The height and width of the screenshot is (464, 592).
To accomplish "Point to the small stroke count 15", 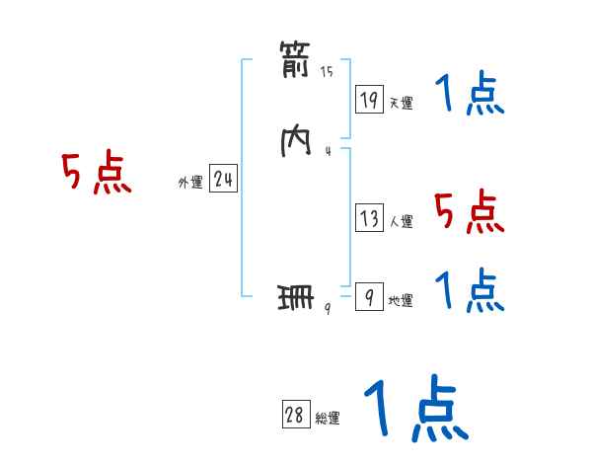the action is (x=327, y=72).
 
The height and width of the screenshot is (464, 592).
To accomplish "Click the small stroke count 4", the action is (x=327, y=151).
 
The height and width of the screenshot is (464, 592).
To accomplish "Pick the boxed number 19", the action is (x=369, y=99).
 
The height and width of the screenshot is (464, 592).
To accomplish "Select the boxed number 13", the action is (x=369, y=218).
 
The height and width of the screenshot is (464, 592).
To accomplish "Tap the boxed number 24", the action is (x=223, y=179).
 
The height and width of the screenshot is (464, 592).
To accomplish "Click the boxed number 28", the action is (x=295, y=416).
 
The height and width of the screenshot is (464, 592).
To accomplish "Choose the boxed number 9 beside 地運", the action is (x=369, y=297).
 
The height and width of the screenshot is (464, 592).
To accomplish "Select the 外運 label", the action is (x=190, y=183).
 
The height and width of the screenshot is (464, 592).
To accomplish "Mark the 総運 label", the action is (x=328, y=419).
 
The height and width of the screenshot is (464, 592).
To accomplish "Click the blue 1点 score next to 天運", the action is (x=470, y=96).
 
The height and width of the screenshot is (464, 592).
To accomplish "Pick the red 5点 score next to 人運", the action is (x=470, y=211).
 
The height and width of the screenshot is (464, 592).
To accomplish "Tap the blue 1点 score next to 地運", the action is (x=470, y=292).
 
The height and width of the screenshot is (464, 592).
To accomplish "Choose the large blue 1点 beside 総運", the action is (x=415, y=408).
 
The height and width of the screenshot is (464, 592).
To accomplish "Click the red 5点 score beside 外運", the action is (x=96, y=175).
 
